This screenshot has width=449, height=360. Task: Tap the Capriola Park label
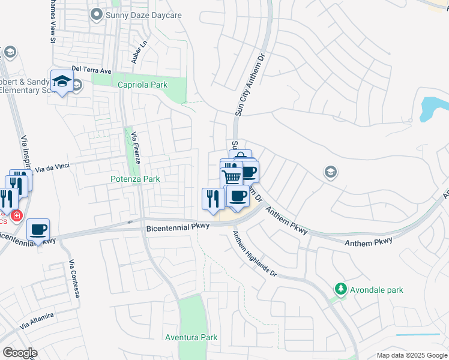pyautogui.click(x=142, y=85)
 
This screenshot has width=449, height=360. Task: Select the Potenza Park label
pyautogui.click(x=135, y=179)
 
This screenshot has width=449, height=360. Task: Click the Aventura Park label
pyautogui.click(x=191, y=337)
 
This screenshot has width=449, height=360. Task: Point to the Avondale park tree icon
pyautogui.click(x=341, y=290)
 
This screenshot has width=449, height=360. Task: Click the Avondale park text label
pyautogui.click(x=377, y=290)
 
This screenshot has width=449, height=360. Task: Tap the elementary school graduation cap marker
pyautogui.click(x=62, y=81)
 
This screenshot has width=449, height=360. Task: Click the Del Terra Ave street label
pyautogui.click(x=91, y=70)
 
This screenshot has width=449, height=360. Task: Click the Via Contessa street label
pyautogui.click(x=75, y=281)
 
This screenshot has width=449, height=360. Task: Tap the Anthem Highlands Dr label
pyautogui.click(x=255, y=254)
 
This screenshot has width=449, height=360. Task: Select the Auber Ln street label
pyautogui.click(x=139, y=53)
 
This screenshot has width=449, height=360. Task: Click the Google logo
pyautogui.click(x=19, y=352)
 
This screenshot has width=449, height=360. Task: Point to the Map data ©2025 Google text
pyautogui.click(x=411, y=355)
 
